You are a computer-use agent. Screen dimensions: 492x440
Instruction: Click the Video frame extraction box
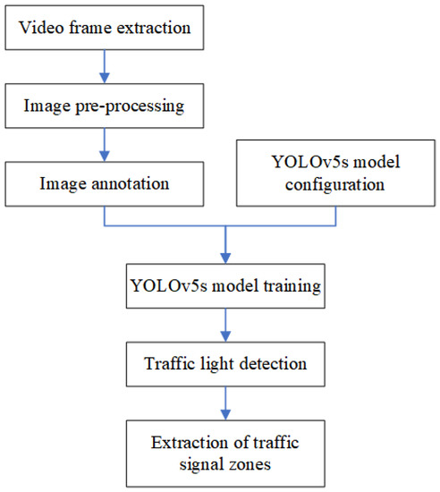(x=105, y=28)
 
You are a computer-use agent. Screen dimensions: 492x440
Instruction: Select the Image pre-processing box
(x=105, y=107)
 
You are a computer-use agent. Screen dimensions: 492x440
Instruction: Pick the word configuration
(x=335, y=187)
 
